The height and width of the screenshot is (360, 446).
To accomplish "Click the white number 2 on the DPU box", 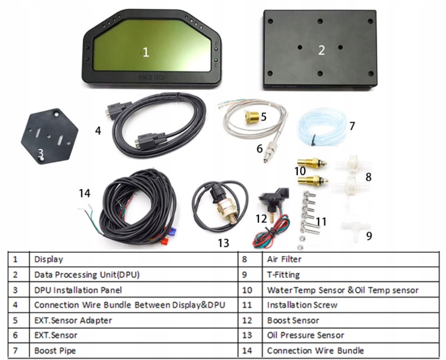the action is tap(321, 51).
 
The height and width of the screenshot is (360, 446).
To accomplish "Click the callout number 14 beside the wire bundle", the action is tap(84, 193).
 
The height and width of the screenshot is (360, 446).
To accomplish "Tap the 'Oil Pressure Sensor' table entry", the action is tap(305, 335).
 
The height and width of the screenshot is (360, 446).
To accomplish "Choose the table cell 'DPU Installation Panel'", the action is tap(78, 290).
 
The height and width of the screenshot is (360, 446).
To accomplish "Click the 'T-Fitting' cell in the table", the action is tap(283, 275).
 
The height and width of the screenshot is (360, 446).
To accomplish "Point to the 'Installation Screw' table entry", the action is tap(302, 305).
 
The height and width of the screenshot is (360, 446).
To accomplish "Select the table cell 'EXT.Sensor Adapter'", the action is tap(73, 320).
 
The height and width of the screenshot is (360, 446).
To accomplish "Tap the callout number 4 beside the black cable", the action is tap(98, 131).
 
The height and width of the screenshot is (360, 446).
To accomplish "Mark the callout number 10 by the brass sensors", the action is tap(300, 171).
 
